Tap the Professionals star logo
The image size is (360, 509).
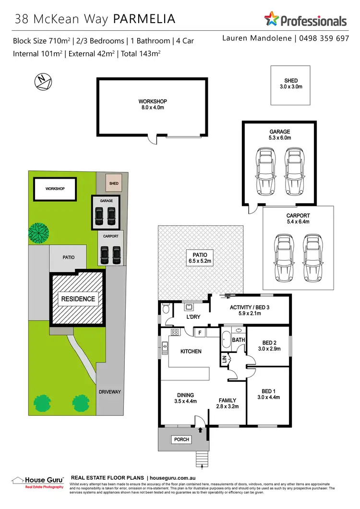coord(272,20)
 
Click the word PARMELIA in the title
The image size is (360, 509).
coord(144,19)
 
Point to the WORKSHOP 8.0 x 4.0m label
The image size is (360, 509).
coord(152,105)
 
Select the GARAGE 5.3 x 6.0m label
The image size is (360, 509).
coord(279,134)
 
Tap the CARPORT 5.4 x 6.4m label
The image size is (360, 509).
coord(298,219)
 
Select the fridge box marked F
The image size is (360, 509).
coord(198,332)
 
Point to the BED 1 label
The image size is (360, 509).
coord(268,390)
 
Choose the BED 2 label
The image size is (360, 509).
coord(268,343)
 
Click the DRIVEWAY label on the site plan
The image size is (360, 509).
coord(109,392)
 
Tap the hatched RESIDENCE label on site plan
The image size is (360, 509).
coord(78,299)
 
